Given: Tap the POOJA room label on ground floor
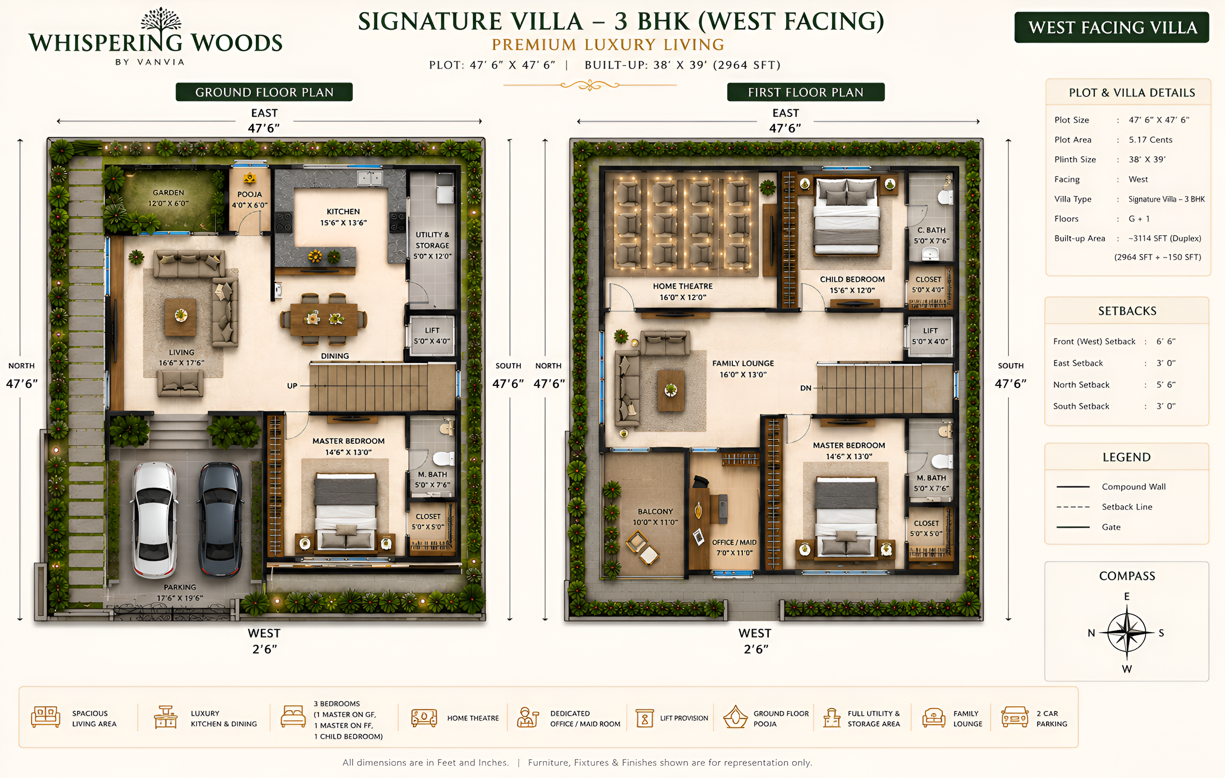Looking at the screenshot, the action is (x=249, y=194).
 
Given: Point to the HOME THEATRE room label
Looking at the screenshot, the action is (x=683, y=286).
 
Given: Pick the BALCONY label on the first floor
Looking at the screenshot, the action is (x=655, y=512).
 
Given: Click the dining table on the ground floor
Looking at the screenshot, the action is (x=324, y=319).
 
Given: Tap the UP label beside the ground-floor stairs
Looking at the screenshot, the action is (x=292, y=386).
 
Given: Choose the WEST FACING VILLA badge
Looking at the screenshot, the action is (x=1112, y=27).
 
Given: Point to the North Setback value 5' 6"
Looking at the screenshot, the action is (x=1166, y=385).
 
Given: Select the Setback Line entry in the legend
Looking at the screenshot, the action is (x=1127, y=507).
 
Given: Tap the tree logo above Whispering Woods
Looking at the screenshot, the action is (x=161, y=21).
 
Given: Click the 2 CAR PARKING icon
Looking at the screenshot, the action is (x=1015, y=718).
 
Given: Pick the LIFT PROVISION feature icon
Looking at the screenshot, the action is (x=644, y=718).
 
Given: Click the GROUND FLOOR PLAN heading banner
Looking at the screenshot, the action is (x=264, y=92).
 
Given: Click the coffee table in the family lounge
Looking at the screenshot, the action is (x=671, y=391).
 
